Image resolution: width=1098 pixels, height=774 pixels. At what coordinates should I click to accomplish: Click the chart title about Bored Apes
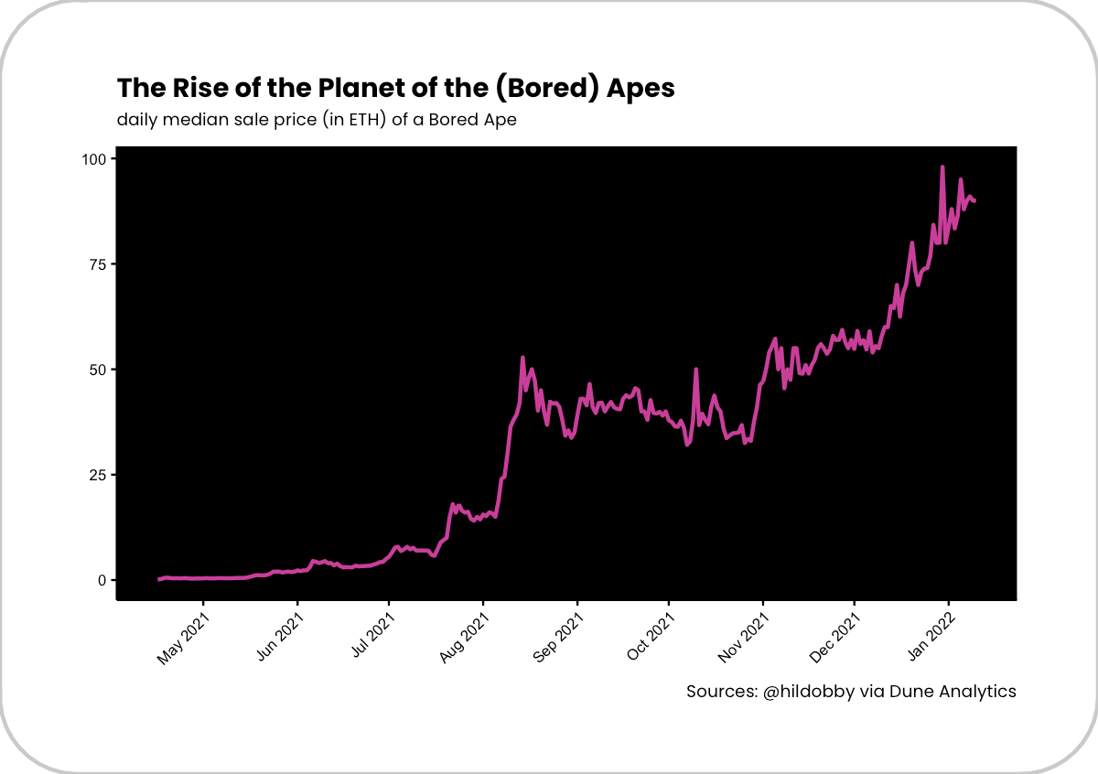395,89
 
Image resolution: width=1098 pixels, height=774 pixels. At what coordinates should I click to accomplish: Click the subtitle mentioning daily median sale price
317,120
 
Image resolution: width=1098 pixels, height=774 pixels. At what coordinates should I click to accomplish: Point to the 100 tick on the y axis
95,159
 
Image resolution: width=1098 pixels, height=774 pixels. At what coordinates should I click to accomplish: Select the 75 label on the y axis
99,264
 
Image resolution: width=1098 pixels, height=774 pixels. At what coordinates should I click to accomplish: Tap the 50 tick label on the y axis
99,370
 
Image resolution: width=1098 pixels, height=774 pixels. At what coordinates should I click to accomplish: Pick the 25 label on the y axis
99,475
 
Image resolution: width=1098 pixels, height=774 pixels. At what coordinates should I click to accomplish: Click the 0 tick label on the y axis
102,580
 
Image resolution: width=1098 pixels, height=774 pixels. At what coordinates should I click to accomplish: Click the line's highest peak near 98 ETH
942,167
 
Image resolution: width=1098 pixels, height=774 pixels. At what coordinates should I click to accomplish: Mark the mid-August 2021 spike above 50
522,358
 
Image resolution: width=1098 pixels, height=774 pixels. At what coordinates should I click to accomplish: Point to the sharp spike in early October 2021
696,370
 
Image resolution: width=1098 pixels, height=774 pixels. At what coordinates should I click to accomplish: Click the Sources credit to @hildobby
851,692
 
